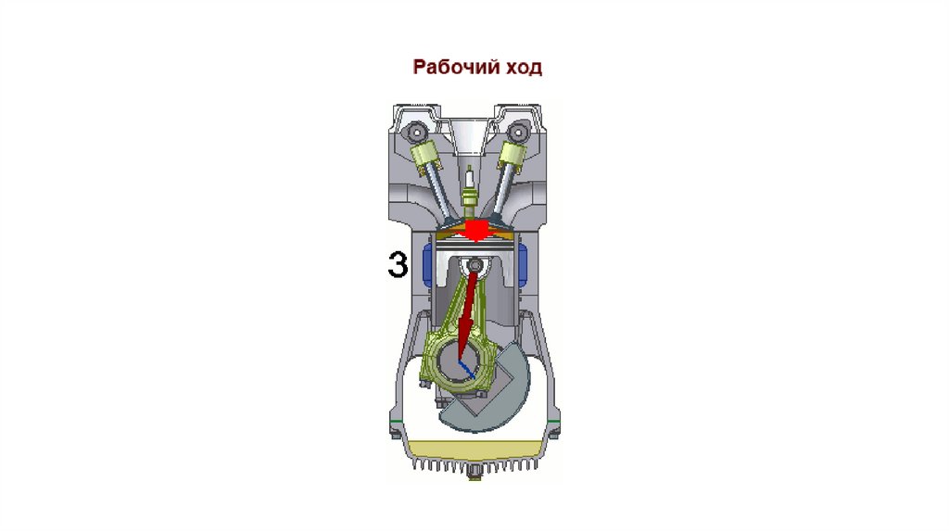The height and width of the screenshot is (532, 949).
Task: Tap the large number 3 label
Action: pyautogui.click(x=397, y=265)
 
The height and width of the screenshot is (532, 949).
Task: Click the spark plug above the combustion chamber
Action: pyautogui.click(x=471, y=185)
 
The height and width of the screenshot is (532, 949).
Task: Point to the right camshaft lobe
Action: pyautogui.click(x=530, y=124)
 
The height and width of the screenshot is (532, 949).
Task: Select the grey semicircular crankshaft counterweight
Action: pyautogui.click(x=491, y=399)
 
